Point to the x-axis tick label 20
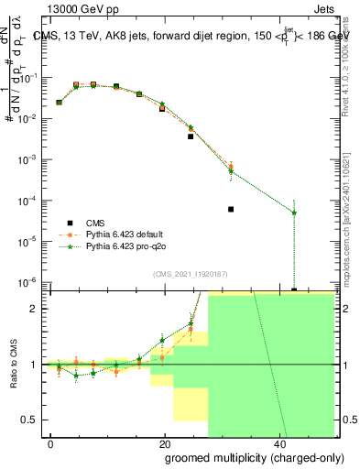click(x=164, y=443)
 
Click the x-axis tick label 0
click(x=51, y=443)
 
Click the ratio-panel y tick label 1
click(x=34, y=365)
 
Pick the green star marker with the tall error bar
click(x=294, y=213)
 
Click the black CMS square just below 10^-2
click(x=191, y=136)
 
